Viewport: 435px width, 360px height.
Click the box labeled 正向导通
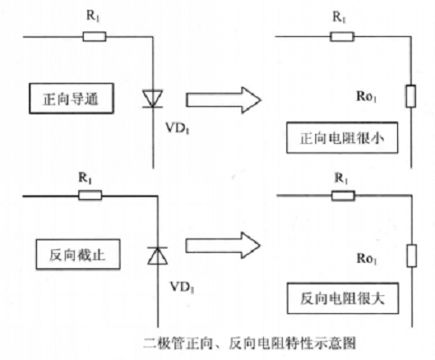pos(71,98)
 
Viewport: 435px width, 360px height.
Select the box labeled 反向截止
pos(78,255)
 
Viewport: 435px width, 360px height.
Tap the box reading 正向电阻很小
pos(342,138)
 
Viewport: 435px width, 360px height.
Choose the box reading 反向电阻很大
pos(343,298)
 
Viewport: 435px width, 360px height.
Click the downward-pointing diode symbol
pos(153,99)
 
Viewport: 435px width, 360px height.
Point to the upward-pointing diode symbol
pos(158,256)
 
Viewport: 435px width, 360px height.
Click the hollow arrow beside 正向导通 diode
pos(223,100)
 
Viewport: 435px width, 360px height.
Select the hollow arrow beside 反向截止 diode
pos(222,246)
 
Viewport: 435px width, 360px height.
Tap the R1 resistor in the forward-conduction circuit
pos(95,37)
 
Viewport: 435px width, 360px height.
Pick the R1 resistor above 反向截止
pos(90,195)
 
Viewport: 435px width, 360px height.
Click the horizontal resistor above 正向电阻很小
pos(342,37)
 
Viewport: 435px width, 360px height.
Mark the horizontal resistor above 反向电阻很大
pos(343,196)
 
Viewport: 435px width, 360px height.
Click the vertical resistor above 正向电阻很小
pos(411,96)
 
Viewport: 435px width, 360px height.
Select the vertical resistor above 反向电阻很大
pos(412,256)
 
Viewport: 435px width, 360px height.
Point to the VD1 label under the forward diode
pos(177,129)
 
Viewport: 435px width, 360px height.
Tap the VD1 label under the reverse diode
pos(182,287)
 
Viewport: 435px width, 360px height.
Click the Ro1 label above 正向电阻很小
pos(367,96)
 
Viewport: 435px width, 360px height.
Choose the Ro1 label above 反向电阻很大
pos(367,258)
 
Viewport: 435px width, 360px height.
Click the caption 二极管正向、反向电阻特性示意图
pos(249,343)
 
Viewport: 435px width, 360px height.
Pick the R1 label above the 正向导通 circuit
pos(93,16)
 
